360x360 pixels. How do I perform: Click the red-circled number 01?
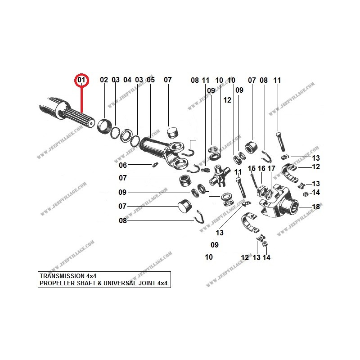pyautogui.click(x=81, y=80)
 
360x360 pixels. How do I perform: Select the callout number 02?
pyautogui.click(x=104, y=80)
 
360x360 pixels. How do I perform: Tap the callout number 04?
pyautogui.click(x=127, y=80)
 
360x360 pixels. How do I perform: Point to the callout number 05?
pyautogui.click(x=151, y=80)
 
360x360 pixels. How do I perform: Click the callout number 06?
pyautogui.click(x=123, y=165)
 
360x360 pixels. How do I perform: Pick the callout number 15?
pyautogui.click(x=252, y=168)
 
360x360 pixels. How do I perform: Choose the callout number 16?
pyautogui.click(x=261, y=168)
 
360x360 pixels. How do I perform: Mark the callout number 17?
pyautogui.click(x=271, y=168)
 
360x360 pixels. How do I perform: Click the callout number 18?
pyautogui.click(x=316, y=207)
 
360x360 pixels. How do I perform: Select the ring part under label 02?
pyautogui.click(x=104, y=126)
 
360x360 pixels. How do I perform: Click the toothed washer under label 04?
pyautogui.click(x=126, y=136)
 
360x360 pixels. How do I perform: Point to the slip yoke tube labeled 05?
pyautogui.click(x=162, y=152)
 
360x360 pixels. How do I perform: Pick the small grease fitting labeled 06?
pyautogui.click(x=155, y=164)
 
